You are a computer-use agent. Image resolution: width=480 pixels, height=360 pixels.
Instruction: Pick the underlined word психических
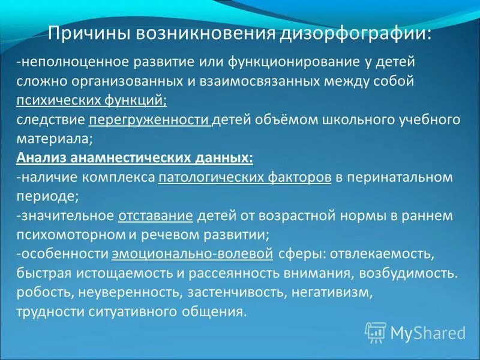[55, 100]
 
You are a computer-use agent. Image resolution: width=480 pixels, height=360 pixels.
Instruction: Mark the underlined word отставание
[155, 215]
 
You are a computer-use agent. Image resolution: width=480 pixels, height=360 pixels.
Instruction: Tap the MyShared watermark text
[427, 332]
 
